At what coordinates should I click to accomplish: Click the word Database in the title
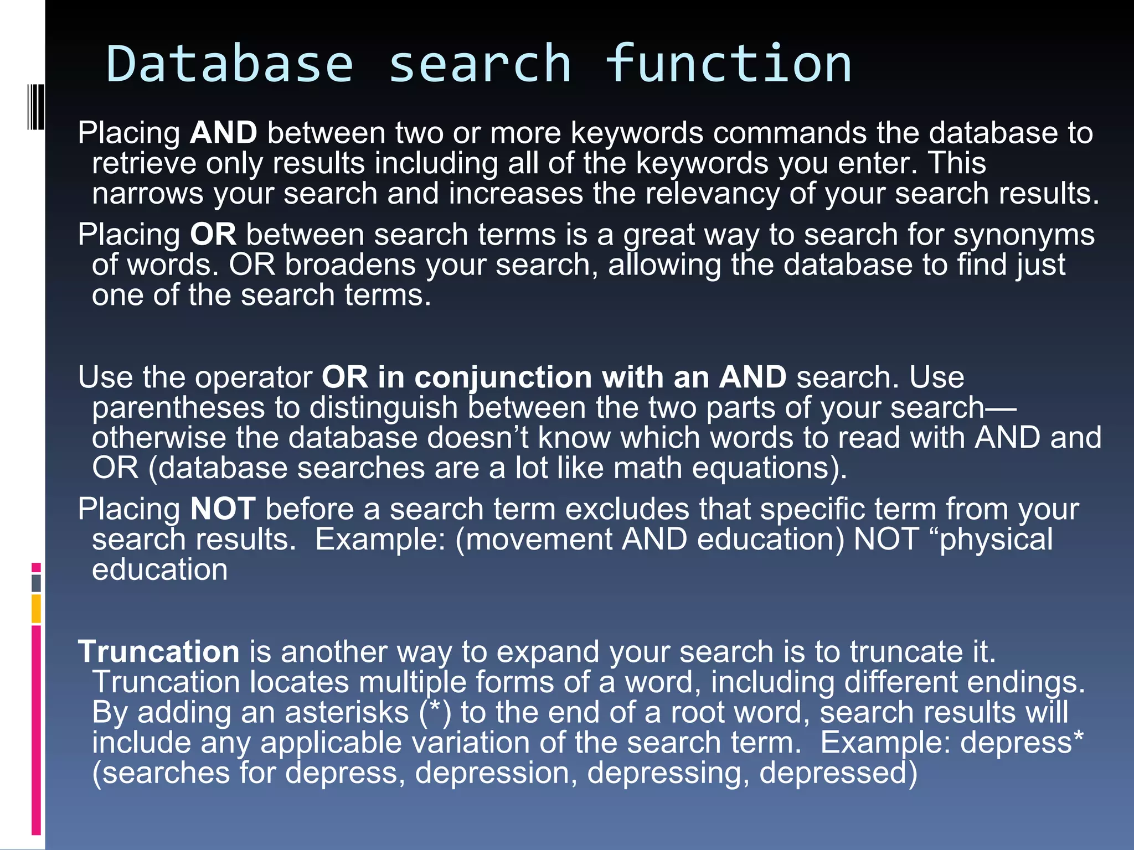coord(229,64)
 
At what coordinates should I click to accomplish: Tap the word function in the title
coord(728,64)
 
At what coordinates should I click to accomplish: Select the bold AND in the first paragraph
coord(223,133)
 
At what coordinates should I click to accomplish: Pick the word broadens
coord(350,265)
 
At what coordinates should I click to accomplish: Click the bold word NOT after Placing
coord(223,509)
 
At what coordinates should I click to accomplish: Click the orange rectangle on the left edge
coord(36,609)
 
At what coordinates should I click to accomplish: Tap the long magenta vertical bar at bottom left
coord(36,730)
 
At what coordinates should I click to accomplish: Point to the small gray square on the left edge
coord(36,583)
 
